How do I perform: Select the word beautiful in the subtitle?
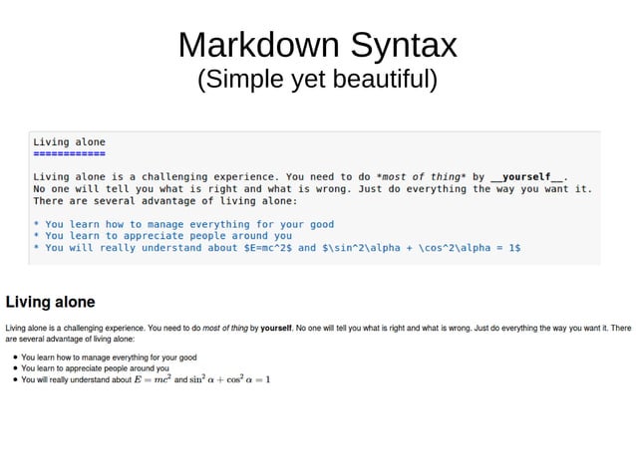(x=379, y=79)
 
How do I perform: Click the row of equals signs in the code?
(x=69, y=155)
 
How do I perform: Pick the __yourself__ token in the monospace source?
(x=525, y=176)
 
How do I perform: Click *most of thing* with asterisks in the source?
(x=418, y=176)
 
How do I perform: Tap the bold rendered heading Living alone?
(x=51, y=301)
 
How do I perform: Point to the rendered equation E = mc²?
(x=153, y=379)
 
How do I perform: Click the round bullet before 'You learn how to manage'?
(x=13, y=357)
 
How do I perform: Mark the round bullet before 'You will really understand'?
(x=13, y=379)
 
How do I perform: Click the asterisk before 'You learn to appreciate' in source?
(x=36, y=236)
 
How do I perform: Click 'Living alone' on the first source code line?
(x=69, y=142)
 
